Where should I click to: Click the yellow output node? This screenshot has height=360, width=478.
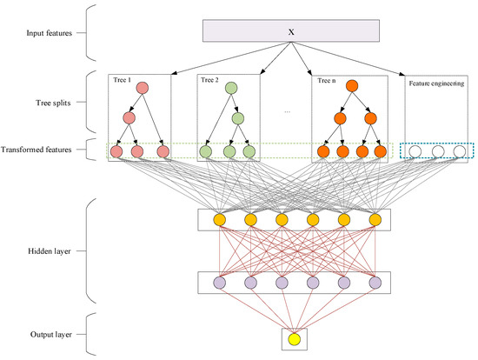coord(294,338)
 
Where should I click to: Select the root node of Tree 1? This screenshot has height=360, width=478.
coord(142,89)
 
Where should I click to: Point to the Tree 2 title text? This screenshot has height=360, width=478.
coord(209,80)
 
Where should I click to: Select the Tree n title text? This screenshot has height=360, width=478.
coord(326,80)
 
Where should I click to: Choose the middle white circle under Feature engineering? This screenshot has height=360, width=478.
coord(437,151)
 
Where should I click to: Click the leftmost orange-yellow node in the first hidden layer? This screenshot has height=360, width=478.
coord(219,218)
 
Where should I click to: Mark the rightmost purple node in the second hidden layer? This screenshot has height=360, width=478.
coord(375,283)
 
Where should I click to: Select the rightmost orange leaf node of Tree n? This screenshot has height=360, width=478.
coord(379,152)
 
